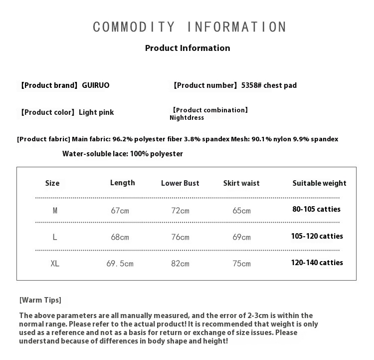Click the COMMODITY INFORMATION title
189,27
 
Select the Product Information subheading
187,48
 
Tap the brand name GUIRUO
95,85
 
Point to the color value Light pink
96,112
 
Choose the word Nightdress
187,118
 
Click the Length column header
122,183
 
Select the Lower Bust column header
180,183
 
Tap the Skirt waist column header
241,183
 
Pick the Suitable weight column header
319,183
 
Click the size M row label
55,211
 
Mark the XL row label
55,263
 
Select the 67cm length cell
120,211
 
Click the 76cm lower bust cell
180,237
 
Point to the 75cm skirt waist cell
241,264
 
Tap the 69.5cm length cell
120,264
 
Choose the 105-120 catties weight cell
317,236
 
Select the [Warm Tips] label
40,300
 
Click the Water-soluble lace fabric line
123,154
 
